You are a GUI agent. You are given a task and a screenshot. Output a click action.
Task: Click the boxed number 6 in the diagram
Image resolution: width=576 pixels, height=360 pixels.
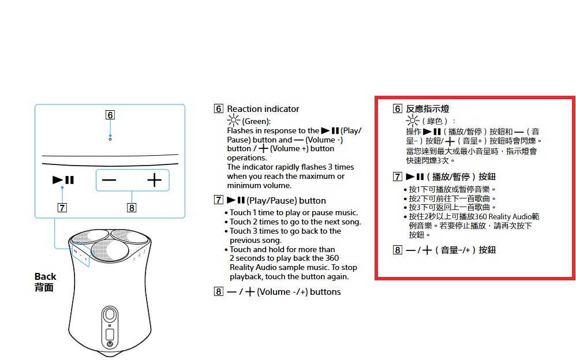click(110, 115)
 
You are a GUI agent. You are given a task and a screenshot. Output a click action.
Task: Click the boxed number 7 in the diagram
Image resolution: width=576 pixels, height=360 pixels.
click(61, 208)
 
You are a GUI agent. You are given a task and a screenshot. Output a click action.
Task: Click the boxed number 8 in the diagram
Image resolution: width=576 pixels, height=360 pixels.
click(132, 208)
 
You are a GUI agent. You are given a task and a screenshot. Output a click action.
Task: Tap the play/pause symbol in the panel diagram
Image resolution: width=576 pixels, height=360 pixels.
click(63, 181)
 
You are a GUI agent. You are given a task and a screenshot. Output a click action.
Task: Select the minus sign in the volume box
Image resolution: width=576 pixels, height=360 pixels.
click(109, 181)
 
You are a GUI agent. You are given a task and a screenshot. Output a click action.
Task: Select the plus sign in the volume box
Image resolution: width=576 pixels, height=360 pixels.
click(154, 181)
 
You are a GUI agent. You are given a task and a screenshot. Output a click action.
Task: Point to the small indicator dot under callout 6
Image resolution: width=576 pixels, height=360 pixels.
click(110, 138)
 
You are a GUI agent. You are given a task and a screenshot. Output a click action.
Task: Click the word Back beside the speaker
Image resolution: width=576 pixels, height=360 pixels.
click(46, 276)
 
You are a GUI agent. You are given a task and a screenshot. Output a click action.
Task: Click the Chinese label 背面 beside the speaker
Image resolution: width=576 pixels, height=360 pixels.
click(44, 287)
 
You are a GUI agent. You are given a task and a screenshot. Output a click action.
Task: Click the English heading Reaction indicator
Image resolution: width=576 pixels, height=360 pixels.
click(263, 109)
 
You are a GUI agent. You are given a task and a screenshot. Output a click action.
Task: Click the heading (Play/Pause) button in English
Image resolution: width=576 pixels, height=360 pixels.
click(286, 201)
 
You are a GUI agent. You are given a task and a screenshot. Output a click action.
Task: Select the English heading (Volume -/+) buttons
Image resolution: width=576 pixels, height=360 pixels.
click(298, 292)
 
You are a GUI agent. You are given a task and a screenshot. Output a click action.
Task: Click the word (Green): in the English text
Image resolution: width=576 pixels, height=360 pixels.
click(256, 121)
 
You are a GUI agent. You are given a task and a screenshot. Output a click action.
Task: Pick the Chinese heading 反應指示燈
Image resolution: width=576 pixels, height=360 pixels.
click(428, 109)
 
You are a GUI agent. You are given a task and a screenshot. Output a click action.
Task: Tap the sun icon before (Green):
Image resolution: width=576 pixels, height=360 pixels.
click(233, 121)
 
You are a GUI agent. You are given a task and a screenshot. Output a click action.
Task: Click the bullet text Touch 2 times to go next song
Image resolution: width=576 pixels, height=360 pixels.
click(295, 222)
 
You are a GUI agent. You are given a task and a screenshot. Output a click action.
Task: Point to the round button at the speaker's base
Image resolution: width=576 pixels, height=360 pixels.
click(110, 344)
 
